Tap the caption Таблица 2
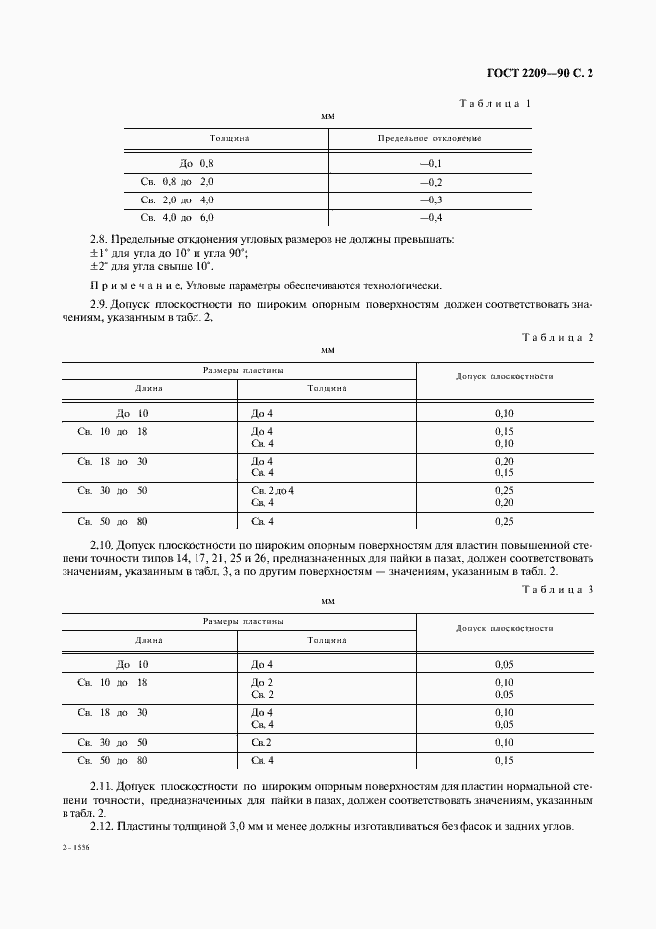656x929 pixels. click(x=557, y=337)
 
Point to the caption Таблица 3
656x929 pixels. click(x=557, y=590)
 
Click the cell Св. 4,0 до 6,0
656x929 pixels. click(x=178, y=217)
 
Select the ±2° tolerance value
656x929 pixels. click(x=99, y=265)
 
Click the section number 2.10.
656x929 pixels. click(x=101, y=545)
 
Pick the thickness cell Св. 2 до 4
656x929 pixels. click(x=273, y=491)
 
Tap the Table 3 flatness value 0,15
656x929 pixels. click(x=504, y=760)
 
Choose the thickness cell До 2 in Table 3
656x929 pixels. click(x=262, y=683)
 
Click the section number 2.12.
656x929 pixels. click(x=101, y=826)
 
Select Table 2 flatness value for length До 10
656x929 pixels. click(x=504, y=413)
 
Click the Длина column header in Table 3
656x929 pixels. click(x=149, y=640)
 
